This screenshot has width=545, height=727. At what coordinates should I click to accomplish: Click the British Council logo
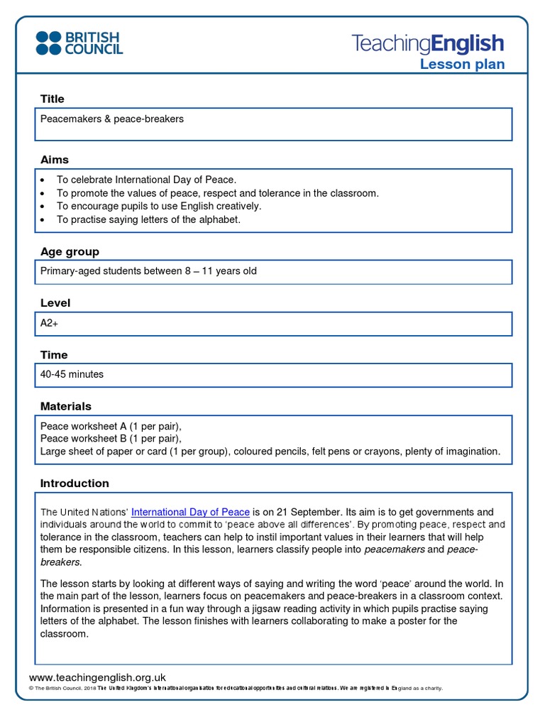(x=79, y=43)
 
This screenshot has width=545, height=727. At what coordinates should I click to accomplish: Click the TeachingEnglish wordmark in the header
(x=428, y=44)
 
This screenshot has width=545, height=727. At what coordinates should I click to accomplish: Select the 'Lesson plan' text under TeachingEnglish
(x=462, y=65)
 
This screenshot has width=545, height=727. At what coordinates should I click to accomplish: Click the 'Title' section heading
(x=53, y=99)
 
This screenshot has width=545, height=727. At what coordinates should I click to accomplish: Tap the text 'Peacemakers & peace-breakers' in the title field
(x=112, y=119)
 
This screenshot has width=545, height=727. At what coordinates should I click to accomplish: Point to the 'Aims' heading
(x=55, y=160)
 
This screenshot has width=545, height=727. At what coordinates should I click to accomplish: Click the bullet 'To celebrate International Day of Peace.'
(x=146, y=180)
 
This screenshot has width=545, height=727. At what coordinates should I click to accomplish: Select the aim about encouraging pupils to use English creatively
(x=159, y=206)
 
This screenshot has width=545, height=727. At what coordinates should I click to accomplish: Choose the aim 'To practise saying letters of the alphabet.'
(x=149, y=219)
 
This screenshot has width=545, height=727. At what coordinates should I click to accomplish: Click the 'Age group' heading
(x=70, y=251)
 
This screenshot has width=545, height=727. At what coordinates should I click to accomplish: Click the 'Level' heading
(x=55, y=303)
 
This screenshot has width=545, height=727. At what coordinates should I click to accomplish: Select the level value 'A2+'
(x=49, y=323)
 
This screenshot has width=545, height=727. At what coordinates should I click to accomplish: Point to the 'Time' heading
(x=54, y=355)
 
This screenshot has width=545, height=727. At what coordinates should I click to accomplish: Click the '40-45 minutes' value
(x=72, y=374)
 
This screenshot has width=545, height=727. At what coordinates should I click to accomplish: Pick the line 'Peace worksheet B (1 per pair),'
(x=111, y=439)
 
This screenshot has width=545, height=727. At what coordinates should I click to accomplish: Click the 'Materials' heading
(x=66, y=407)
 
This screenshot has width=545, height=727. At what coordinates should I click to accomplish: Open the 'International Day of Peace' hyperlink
(x=190, y=512)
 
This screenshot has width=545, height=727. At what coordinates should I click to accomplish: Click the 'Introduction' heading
(x=75, y=483)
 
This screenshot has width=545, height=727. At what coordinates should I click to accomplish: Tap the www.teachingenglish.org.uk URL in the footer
(x=97, y=678)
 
